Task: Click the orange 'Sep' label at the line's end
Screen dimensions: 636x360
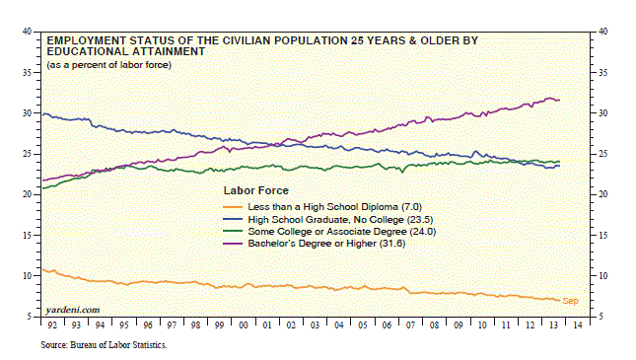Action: (x=570, y=301)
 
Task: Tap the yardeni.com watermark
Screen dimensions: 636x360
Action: (x=73, y=310)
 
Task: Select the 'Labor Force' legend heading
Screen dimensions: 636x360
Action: (x=256, y=190)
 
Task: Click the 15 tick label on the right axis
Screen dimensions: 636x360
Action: (x=603, y=235)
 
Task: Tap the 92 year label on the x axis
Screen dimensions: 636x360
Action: (x=52, y=325)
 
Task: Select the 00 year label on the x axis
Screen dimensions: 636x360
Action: (x=244, y=325)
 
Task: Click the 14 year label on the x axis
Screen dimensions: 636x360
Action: (x=578, y=325)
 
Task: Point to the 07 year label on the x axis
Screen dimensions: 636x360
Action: (x=410, y=325)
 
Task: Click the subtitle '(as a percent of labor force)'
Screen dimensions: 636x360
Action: (x=109, y=65)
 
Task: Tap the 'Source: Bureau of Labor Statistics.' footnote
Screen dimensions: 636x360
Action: (x=104, y=345)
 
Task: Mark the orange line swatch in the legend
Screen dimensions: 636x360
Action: (x=233, y=207)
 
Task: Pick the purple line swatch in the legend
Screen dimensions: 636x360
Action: (x=233, y=244)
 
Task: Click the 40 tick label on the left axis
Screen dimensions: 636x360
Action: (x=27, y=32)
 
